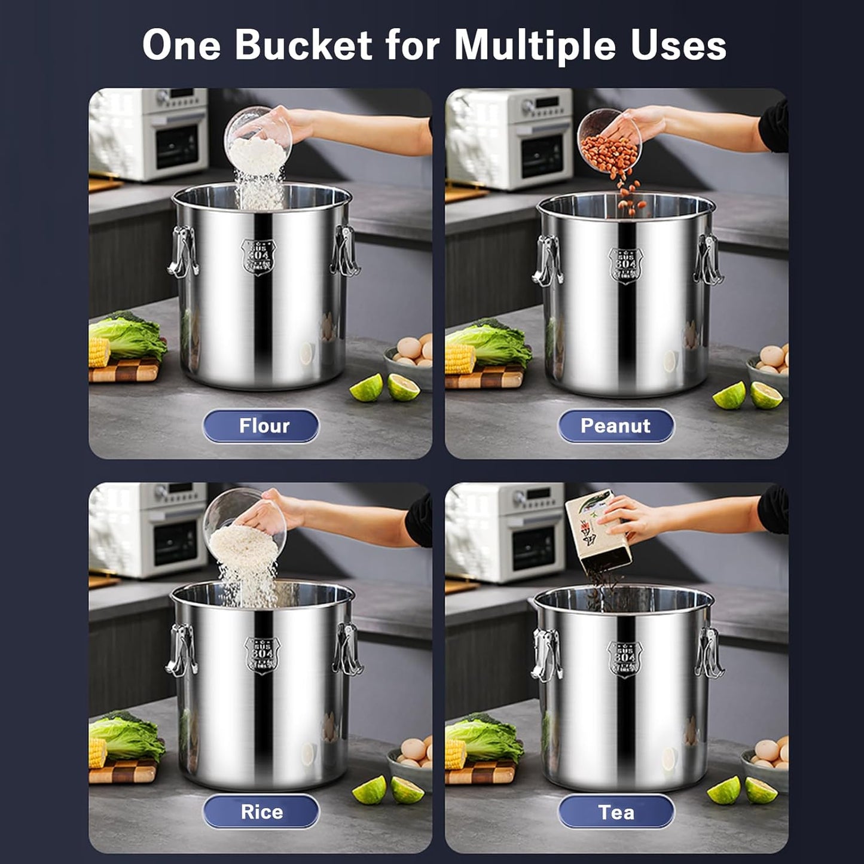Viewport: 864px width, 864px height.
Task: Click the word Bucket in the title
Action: pyautogui.click(x=304, y=45)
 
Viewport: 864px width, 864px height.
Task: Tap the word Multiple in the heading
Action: pyautogui.click(x=535, y=45)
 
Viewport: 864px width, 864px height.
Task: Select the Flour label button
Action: pyautogui.click(x=261, y=426)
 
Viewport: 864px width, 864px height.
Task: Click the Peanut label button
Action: pyautogui.click(x=616, y=426)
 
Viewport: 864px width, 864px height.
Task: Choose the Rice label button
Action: pyautogui.click(x=261, y=811)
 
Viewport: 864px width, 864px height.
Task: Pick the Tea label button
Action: pyautogui.click(x=616, y=811)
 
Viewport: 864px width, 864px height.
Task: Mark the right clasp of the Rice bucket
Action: pyautogui.click(x=348, y=649)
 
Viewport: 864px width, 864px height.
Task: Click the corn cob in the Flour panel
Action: pyautogui.click(x=99, y=352)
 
